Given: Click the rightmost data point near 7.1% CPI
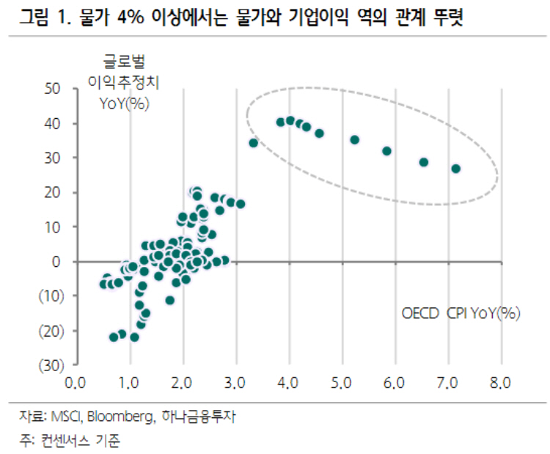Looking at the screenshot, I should (455, 169).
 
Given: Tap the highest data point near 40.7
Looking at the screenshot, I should (290, 120).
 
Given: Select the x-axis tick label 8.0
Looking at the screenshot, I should (502, 383).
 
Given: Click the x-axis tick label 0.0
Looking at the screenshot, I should (76, 383).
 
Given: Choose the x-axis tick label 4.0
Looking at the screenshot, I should (289, 383).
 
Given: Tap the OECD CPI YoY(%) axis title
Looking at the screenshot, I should (461, 313).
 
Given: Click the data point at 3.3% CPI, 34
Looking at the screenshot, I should (254, 143).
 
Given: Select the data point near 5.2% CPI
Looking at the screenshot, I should (354, 139).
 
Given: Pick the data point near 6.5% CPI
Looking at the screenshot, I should (423, 162).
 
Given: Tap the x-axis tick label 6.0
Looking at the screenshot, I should (395, 383).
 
